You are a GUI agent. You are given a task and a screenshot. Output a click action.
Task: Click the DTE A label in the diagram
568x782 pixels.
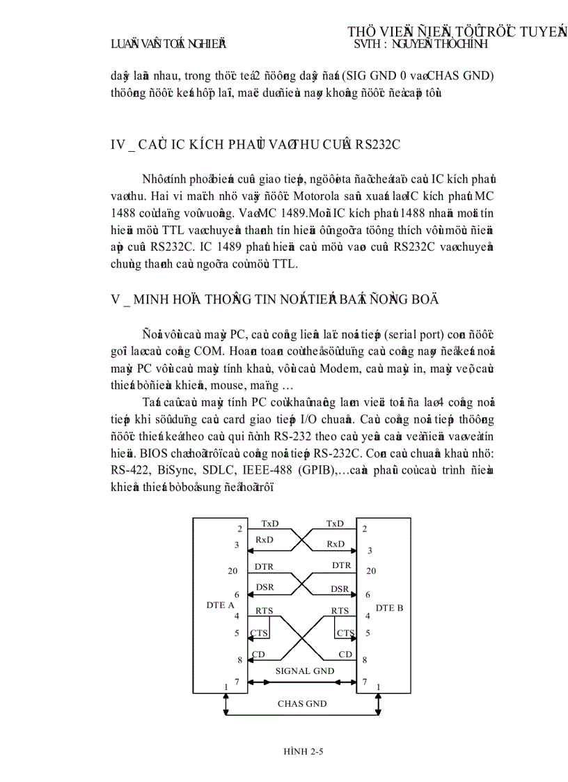click(x=220, y=605)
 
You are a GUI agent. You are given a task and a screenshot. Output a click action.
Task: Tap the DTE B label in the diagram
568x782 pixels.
click(x=389, y=607)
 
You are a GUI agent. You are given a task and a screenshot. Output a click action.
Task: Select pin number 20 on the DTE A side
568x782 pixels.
click(x=232, y=571)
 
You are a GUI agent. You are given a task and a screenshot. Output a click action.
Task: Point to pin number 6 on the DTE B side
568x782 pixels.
click(x=368, y=595)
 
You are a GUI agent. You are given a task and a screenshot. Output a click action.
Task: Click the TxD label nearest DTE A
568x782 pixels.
click(x=271, y=523)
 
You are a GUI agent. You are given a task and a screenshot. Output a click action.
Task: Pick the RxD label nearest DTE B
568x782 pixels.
click(x=336, y=544)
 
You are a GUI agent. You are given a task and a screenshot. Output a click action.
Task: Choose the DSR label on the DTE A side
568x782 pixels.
click(x=265, y=587)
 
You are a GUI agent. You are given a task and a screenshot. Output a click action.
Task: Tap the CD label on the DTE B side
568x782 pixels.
click(x=345, y=654)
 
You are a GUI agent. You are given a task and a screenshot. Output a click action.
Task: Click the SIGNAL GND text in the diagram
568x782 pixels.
click(x=304, y=671)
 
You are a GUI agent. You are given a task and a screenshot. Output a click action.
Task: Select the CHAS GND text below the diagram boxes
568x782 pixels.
click(x=302, y=703)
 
